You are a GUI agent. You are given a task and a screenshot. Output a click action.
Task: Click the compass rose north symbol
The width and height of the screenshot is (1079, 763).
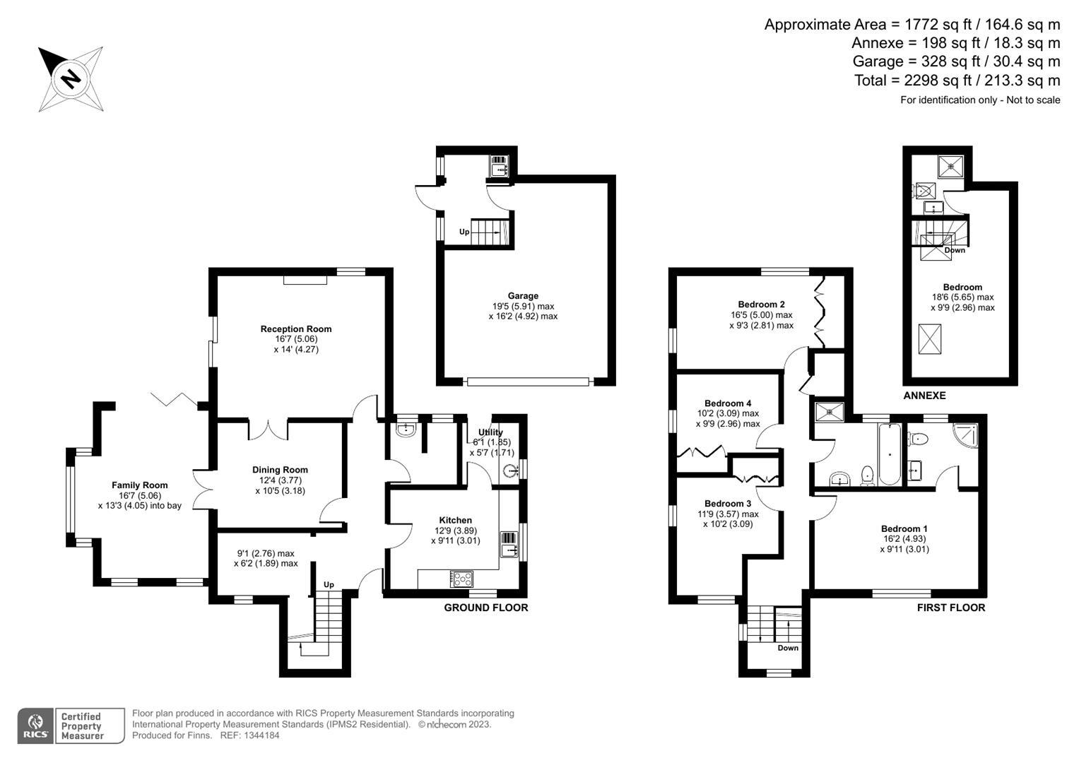click(71, 79)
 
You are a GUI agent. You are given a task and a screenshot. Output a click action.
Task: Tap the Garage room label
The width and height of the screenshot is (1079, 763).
click(523, 296)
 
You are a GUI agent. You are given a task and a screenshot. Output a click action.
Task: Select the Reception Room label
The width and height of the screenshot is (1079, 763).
click(296, 329)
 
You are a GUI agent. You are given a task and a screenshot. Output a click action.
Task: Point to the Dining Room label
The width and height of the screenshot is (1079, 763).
click(280, 470)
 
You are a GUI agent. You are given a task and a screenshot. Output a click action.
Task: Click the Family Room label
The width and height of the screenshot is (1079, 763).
click(140, 485)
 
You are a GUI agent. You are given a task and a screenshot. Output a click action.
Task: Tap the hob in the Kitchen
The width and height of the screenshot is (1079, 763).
click(461, 579)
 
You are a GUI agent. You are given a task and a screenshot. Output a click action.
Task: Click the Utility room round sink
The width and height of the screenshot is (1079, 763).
click(512, 470)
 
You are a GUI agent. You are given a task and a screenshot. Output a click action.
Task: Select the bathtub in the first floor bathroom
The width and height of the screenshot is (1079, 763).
click(889, 454)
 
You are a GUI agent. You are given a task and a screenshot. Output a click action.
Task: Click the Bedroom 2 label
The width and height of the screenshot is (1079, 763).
click(761, 304)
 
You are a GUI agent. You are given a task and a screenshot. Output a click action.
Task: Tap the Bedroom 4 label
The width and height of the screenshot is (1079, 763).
click(727, 403)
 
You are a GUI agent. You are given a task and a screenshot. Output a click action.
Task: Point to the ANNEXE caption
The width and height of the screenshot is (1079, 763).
click(924, 396)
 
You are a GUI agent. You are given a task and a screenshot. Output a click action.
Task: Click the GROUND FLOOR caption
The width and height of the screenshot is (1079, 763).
click(486, 608)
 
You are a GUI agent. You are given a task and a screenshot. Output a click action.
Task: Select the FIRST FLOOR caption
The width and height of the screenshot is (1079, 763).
click(951, 608)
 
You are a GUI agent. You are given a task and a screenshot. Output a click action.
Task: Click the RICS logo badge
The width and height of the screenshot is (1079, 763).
click(36, 726)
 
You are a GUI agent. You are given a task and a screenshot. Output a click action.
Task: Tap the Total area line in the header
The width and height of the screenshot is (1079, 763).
click(957, 81)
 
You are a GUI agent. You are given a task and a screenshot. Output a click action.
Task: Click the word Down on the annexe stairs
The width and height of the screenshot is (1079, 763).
click(955, 251)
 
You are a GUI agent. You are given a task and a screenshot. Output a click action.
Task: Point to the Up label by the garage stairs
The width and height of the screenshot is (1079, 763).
click(464, 232)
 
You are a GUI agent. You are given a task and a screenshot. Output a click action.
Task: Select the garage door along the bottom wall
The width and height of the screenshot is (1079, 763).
click(528, 382)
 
